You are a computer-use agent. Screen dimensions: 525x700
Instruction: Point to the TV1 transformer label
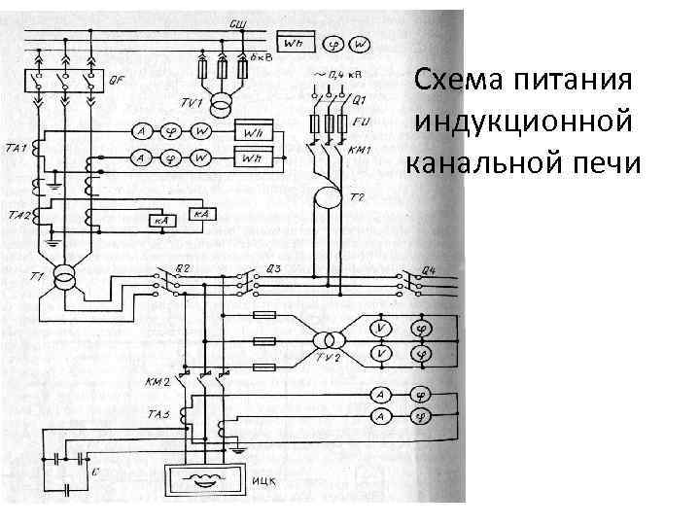point(191,103)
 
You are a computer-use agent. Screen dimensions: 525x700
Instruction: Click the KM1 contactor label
point(360,151)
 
